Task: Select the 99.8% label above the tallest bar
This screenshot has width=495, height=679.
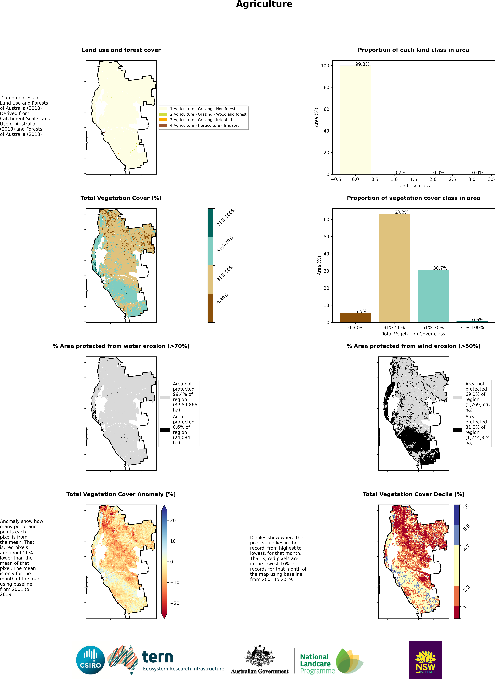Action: [x=362, y=64]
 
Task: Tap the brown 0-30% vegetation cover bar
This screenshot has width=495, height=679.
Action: [x=355, y=317]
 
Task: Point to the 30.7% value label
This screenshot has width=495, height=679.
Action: [x=440, y=268]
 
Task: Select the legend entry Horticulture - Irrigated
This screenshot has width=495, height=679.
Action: [x=205, y=126]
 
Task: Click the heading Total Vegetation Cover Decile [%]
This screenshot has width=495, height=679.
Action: [x=414, y=494]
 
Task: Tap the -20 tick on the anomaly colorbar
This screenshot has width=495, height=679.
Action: [x=175, y=603]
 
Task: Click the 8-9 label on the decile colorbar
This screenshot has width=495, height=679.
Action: [x=466, y=527]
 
